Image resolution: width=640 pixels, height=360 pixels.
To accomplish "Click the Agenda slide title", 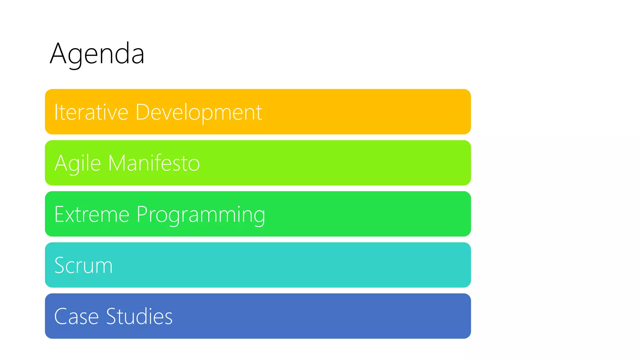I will tap(97, 54).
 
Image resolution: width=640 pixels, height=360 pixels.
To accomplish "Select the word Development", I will tap(199, 112).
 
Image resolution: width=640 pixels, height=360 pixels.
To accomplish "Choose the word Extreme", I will tap(92, 214).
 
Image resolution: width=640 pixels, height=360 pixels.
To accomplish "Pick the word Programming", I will tap(201, 215).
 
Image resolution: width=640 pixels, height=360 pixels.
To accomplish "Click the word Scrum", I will tap(83, 265).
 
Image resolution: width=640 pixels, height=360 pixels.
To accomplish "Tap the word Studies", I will tap(139, 316).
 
